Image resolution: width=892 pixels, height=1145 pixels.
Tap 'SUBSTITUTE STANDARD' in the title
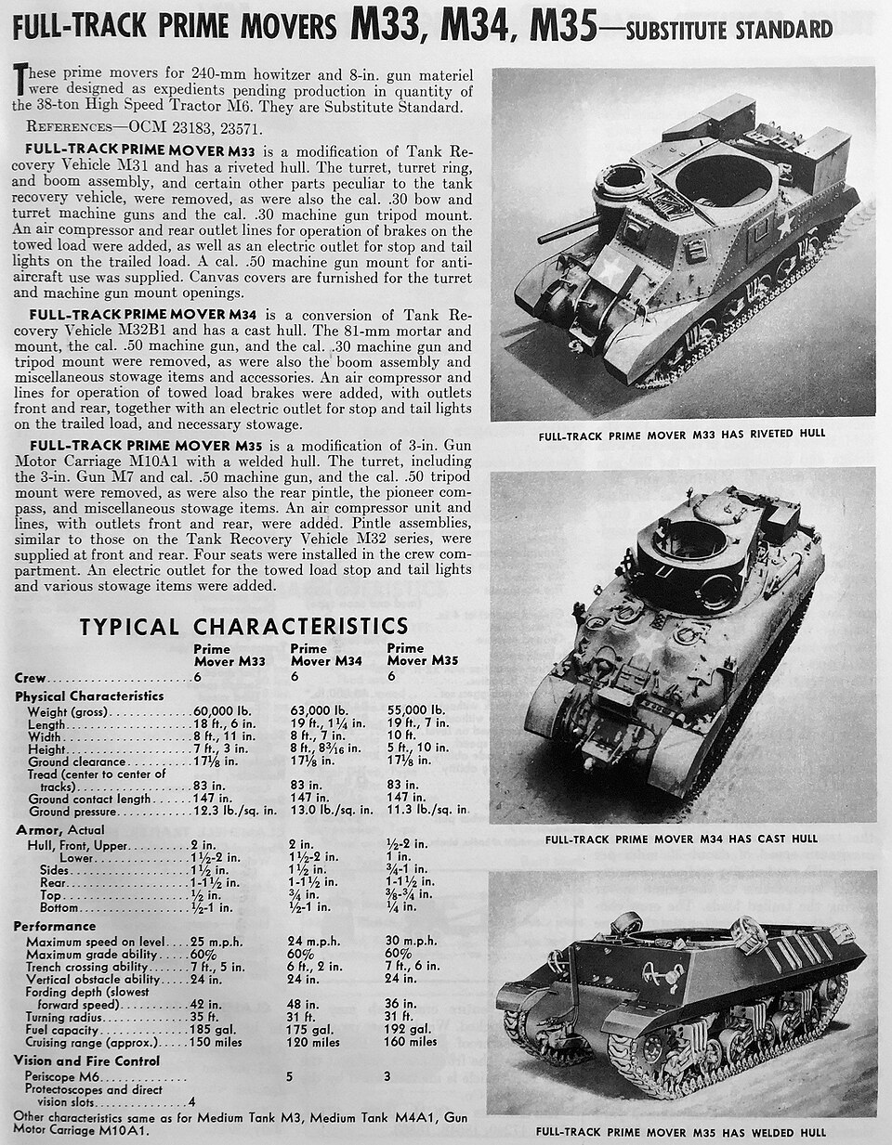[728, 30]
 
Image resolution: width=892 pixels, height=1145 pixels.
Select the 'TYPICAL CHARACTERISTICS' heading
[243, 626]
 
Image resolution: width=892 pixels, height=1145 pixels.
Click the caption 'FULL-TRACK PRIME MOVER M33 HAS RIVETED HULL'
[681, 433]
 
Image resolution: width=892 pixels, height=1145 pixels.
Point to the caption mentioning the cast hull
[681, 839]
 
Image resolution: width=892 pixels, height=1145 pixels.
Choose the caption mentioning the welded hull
[681, 1132]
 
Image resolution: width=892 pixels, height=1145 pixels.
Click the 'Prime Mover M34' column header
[323, 655]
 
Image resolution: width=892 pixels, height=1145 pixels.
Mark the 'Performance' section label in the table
[55, 926]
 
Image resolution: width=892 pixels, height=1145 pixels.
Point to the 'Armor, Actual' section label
[59, 829]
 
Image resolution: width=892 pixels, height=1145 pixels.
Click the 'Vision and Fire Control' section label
[87, 1060]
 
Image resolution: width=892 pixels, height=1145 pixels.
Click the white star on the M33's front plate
[610, 270]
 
